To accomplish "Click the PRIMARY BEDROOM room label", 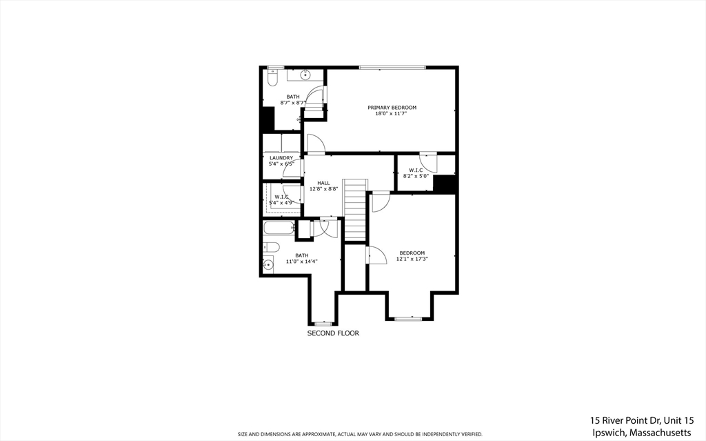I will point(392,108).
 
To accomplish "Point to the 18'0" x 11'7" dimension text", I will point(392,114).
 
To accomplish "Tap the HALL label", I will point(323,183).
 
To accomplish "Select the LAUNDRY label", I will point(281,158).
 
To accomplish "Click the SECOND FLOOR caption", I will point(333,333).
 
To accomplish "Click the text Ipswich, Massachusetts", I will point(641,432).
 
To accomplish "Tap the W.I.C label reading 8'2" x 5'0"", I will point(416,170).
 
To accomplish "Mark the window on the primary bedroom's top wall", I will point(392,67).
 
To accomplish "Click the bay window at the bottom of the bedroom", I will point(408,318).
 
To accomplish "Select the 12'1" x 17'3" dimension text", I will point(412,259).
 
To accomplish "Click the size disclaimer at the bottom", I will point(360,434).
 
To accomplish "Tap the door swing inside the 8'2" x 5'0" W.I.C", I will point(429,161).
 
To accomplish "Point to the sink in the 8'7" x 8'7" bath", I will point(304,73).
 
